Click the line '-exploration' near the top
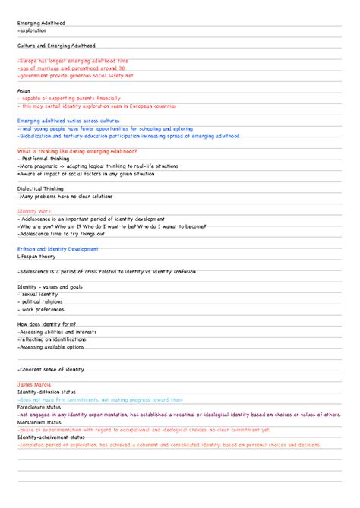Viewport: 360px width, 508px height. (x=32, y=31)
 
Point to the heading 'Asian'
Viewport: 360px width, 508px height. (x=24, y=91)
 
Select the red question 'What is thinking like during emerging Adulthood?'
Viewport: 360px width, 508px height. (x=76, y=150)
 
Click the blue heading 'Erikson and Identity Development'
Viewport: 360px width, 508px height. (x=58, y=248)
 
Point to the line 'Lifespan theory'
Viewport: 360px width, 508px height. (x=37, y=256)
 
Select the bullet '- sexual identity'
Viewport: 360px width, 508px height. (x=39, y=293)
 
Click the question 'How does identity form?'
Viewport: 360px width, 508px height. (x=46, y=323)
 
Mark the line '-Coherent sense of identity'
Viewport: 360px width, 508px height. (x=51, y=369)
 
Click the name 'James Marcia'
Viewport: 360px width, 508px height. (x=34, y=384)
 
